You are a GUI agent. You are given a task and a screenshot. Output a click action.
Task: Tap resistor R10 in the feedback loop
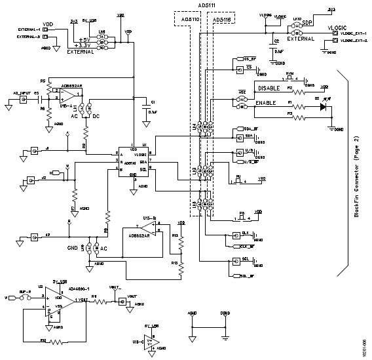tap(47, 342)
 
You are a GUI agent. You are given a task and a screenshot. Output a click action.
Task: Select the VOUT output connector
tap(121, 302)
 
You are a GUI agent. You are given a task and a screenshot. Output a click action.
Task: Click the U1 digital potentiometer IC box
tap(133, 160)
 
